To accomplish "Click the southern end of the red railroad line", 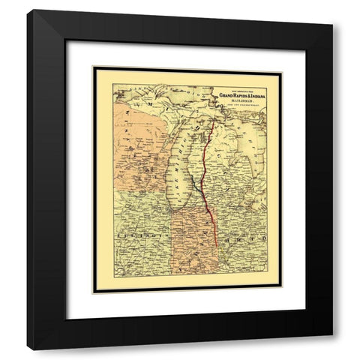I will pos(216,247).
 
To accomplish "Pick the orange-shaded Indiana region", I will pos(193,240).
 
